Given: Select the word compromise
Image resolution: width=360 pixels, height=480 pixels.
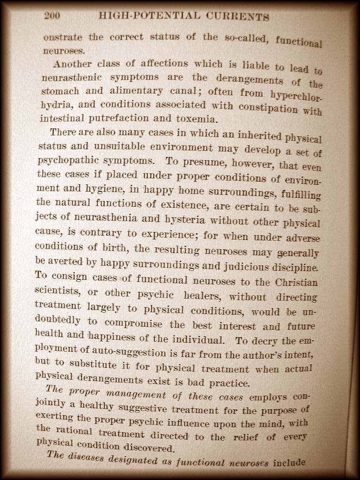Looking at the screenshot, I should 134,324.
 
